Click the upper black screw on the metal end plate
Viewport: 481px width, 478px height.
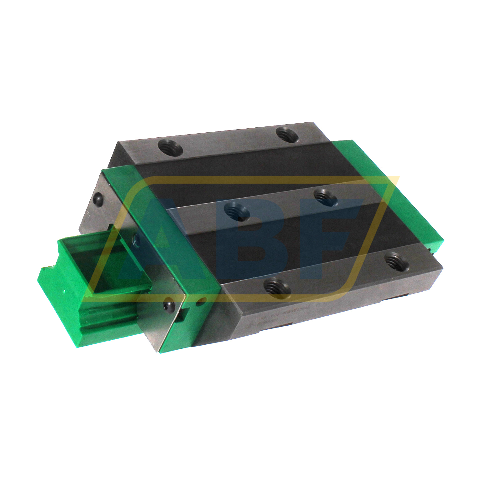(98, 199)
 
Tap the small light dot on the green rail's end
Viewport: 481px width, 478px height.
(64, 292)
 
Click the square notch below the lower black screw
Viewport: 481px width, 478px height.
(181, 318)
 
